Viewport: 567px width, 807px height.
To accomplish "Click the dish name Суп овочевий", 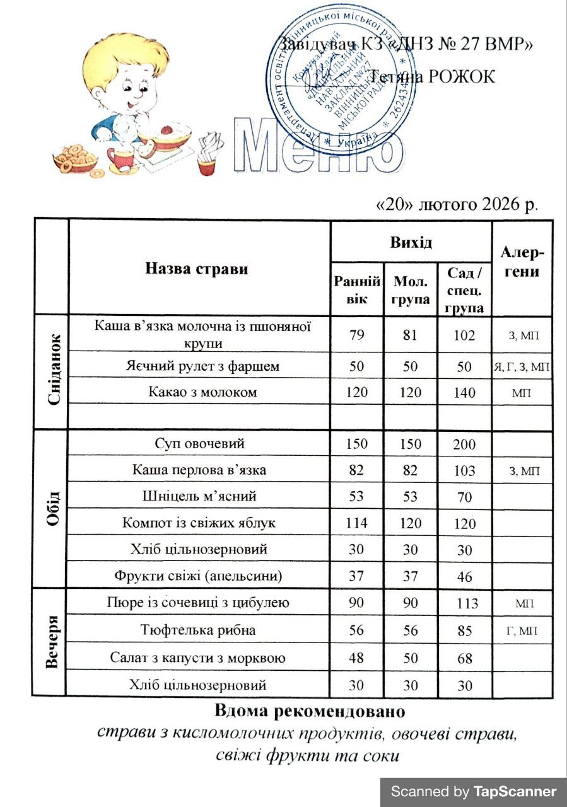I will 200,443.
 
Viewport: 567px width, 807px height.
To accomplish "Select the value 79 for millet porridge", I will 356,335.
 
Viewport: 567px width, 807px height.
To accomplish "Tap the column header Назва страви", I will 197,269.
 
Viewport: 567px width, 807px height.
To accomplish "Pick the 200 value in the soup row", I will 465,444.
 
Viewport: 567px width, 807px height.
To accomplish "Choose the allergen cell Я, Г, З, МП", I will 522,367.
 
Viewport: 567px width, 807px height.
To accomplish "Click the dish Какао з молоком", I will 199,392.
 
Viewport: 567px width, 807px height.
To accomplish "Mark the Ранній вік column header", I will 357,289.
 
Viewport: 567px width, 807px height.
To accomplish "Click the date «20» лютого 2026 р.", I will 457,206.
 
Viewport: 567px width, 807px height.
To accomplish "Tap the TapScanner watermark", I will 474,792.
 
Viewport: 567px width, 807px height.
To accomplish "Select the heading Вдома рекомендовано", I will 308,712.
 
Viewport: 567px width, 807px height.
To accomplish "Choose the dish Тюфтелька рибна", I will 199,629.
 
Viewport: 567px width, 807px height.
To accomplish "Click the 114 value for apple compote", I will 356,523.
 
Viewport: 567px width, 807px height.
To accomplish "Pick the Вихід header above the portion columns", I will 411,242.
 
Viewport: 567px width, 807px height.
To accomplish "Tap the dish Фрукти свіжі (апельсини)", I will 199,576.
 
